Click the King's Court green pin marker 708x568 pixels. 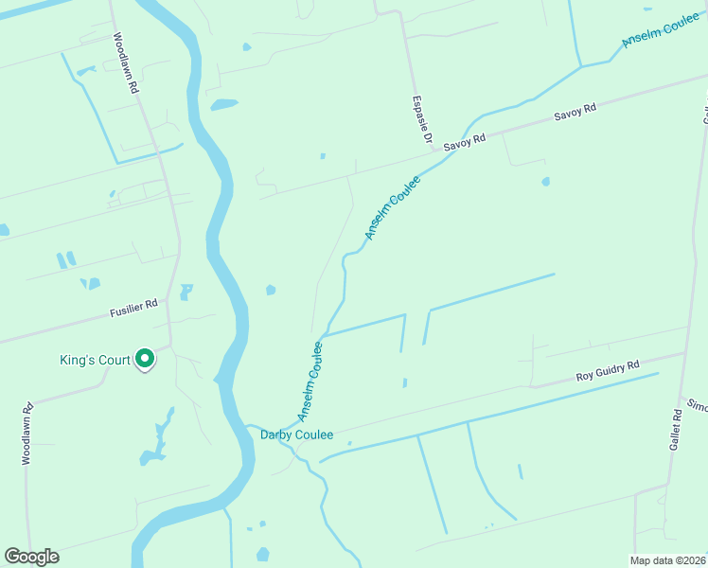[x=145, y=359]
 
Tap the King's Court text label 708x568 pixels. [x=93, y=360]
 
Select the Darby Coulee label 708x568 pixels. [x=296, y=435]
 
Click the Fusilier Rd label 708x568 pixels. [x=133, y=308]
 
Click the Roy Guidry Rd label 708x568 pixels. [x=608, y=370]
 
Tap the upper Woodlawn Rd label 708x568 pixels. [x=126, y=63]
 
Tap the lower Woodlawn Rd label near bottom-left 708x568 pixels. [x=27, y=434]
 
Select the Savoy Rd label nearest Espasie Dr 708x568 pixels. [x=467, y=138]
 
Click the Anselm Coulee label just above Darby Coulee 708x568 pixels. [x=311, y=382]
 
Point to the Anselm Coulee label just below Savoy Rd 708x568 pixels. [x=393, y=207]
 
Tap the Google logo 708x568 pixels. [x=31, y=557]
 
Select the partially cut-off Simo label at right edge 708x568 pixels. [x=698, y=405]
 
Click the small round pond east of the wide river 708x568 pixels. [x=271, y=290]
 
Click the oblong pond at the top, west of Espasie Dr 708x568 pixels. [x=224, y=104]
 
